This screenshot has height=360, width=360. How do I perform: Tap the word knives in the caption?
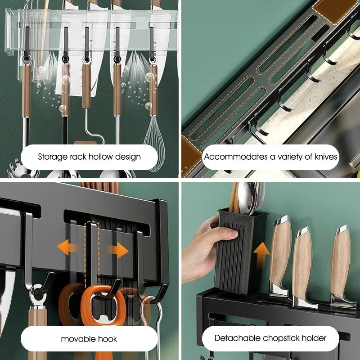click(x=322, y=157)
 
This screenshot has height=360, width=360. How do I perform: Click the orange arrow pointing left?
click(x=67, y=248)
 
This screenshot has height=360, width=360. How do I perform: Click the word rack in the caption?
click(x=74, y=157)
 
